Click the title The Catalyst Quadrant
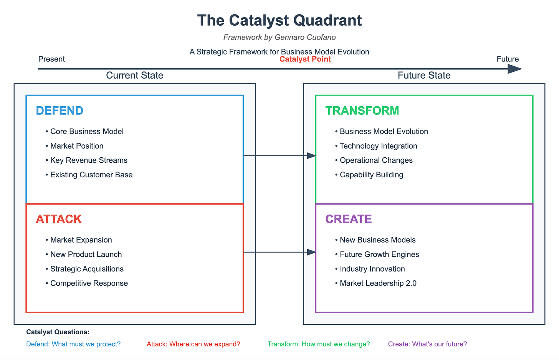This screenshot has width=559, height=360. pos(279,20)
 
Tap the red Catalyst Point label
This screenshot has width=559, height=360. pos(305,59)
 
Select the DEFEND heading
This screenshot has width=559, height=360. pos(60,111)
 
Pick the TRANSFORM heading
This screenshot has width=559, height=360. pos(362,111)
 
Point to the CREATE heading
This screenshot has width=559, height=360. pos(349,219)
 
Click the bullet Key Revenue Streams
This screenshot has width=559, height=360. pos(89,160)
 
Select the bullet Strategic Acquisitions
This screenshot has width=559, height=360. pos(87,269)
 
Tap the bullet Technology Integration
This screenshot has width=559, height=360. pos(378,146)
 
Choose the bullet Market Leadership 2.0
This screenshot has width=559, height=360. pos(378,283)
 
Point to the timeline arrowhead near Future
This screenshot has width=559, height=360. pos(514,69)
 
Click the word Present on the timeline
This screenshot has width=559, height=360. pos(51,59)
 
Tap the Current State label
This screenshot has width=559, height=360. pos(134,75)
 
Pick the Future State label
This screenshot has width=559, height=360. pos(424,75)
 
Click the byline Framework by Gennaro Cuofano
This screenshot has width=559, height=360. pos(279,37)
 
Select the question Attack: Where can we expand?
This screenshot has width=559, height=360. pos(193,344)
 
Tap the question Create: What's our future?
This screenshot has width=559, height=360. pos(427,344)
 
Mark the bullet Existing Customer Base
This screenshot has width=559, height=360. pos(91,175)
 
